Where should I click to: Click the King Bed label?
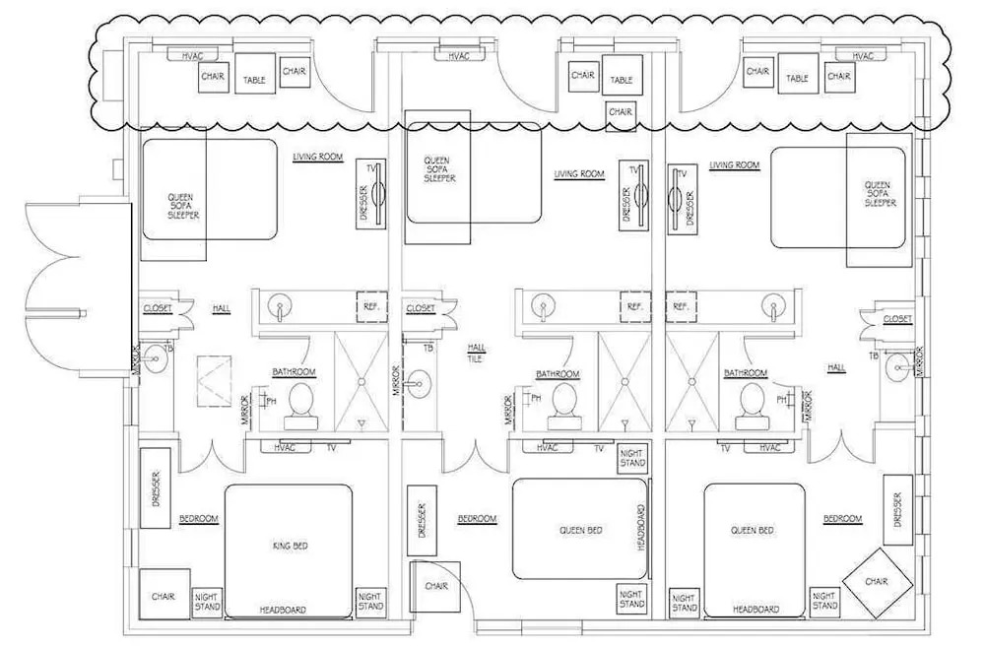[291, 546]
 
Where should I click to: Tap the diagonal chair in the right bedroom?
[877, 582]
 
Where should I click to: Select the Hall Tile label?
[476, 353]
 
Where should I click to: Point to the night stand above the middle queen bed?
[632, 458]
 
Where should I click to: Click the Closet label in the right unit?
[897, 319]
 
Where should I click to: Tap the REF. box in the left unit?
[371, 307]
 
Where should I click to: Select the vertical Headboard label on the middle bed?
[641, 528]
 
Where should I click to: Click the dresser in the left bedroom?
[156, 488]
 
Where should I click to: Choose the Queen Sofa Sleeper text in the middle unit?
[439, 169]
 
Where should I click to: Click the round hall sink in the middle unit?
[417, 381]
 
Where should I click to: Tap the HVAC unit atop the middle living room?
[459, 56]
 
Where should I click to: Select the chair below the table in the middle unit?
[620, 113]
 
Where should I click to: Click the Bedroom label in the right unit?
[843, 518]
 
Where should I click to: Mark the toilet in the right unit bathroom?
[753, 406]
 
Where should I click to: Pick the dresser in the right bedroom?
[897, 509]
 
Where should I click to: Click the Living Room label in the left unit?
[318, 157]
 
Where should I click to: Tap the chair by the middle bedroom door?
[435, 587]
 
